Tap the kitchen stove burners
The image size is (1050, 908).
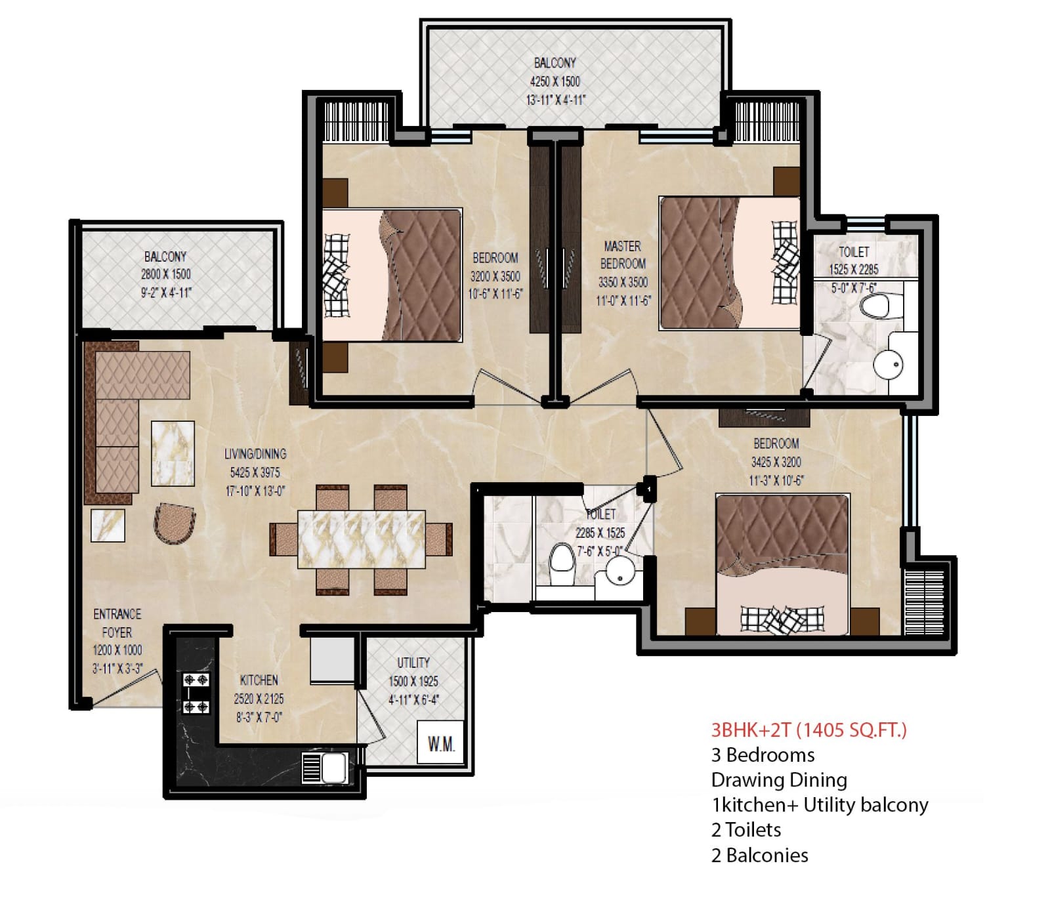196,693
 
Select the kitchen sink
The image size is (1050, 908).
325,767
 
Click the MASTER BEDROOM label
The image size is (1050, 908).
623,255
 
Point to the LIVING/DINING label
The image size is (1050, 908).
255,453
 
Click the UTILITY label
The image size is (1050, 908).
413,663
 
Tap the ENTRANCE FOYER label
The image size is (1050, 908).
117,623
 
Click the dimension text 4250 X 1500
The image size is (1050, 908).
555,81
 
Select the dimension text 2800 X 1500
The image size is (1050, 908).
165,274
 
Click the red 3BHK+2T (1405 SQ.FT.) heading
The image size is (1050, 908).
808,730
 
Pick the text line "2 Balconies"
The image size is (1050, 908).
759,855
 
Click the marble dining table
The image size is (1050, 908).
361,539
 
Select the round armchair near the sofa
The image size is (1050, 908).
175,524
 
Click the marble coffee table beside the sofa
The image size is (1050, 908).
173,453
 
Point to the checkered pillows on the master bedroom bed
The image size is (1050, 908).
785,262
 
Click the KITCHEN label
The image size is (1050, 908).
259,680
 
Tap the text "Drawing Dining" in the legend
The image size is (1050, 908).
778,780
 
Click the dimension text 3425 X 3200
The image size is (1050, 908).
776,462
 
